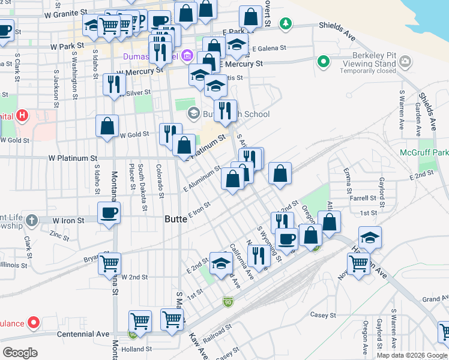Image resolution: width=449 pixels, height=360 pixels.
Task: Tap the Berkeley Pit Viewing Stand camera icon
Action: [406, 61]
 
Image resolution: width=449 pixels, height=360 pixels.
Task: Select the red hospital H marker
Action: [22, 115]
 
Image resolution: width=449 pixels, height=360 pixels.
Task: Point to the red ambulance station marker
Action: [33, 323]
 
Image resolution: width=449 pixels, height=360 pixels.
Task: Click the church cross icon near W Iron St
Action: [32, 220]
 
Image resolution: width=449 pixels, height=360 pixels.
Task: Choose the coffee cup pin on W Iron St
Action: [109, 212]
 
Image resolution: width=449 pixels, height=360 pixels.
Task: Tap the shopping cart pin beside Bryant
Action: [109, 263]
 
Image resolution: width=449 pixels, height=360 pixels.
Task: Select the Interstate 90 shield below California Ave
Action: [228, 301]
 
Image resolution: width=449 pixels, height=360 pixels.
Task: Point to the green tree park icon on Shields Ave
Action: [287, 24]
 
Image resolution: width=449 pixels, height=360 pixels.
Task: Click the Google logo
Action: [20, 352]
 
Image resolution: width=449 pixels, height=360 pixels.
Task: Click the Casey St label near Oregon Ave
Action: [322, 314]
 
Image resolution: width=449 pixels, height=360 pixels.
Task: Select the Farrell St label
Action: [363, 197]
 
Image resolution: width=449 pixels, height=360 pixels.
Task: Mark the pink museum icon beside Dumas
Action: [187, 56]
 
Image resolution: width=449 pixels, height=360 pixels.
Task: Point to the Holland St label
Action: [136, 349]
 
